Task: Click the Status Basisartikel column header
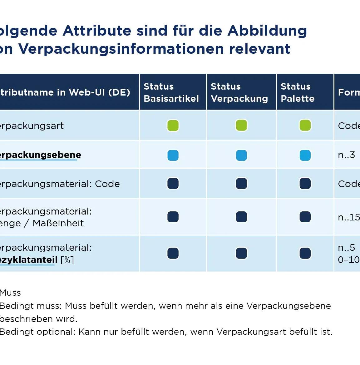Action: coord(171,92)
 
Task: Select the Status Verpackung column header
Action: coord(239,92)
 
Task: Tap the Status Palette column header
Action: coord(297,92)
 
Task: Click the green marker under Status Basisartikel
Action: coord(173,126)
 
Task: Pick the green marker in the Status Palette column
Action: coord(305,126)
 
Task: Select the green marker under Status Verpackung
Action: coord(241,126)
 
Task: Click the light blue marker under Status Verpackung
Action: coord(241,155)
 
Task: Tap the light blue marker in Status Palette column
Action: coord(305,155)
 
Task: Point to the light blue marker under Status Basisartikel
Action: coord(173,155)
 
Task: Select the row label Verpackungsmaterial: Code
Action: coord(59,184)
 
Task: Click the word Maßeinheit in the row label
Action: coord(58,223)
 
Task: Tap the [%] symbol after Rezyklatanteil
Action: coord(67,260)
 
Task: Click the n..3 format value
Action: coord(346,155)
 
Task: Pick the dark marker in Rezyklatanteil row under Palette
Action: coord(305,253)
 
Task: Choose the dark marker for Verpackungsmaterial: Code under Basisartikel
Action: coord(173,184)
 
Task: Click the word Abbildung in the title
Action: coord(267,31)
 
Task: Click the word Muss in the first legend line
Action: coord(10,293)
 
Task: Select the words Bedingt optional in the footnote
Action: coord(37,332)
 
